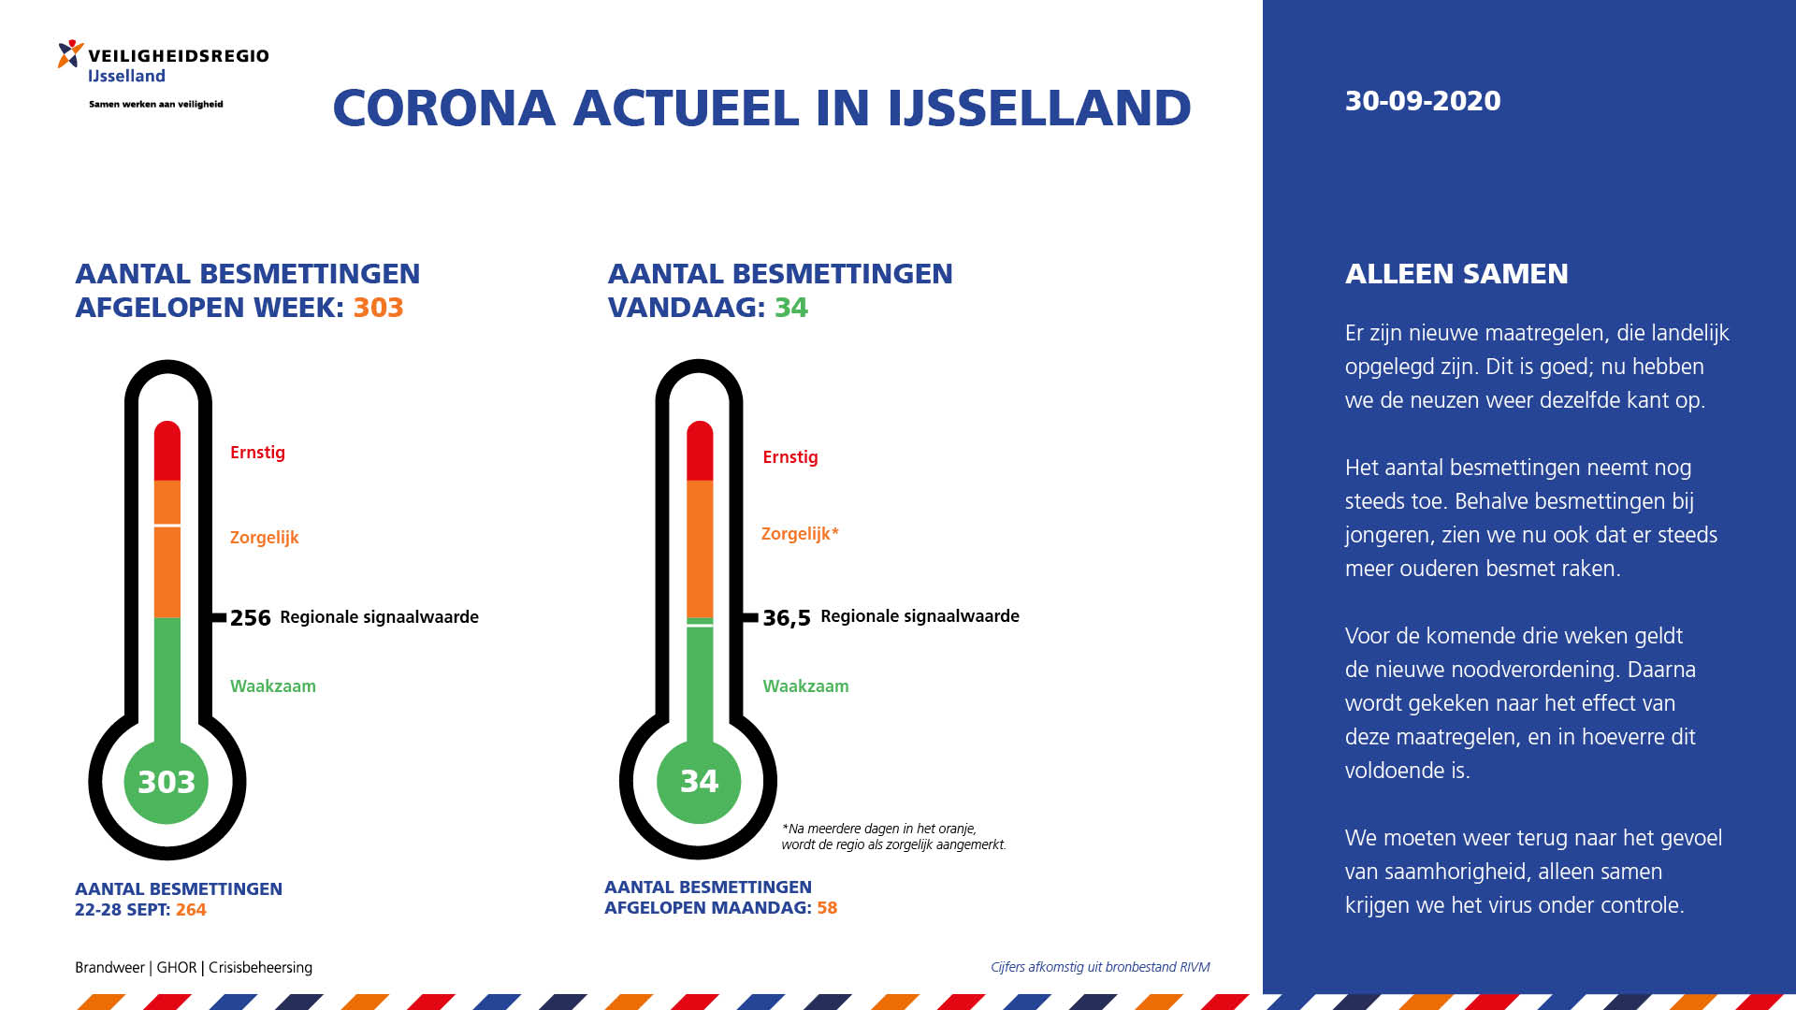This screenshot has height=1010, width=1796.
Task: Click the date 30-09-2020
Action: pyautogui.click(x=1423, y=101)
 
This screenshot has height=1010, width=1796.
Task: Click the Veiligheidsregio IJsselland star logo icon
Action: pyautogui.click(x=70, y=54)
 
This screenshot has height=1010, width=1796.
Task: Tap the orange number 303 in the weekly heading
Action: pyautogui.click(x=378, y=308)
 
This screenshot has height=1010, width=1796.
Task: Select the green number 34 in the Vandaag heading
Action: pyautogui.click(x=790, y=308)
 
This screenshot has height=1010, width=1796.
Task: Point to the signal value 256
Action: pyautogui.click(x=250, y=618)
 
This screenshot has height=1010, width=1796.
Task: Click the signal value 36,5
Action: pyautogui.click(x=787, y=618)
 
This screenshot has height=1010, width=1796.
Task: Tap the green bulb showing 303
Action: pyautogui.click(x=167, y=782)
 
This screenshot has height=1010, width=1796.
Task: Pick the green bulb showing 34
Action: pyautogui.click(x=699, y=782)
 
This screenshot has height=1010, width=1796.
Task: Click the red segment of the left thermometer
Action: pyautogui.click(x=167, y=451)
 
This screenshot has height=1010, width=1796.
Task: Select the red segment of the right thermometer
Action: pyautogui.click(x=700, y=451)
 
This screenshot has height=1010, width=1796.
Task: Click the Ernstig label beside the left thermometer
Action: pyautogui.click(x=257, y=453)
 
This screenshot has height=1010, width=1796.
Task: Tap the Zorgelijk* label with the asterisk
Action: pyautogui.click(x=800, y=534)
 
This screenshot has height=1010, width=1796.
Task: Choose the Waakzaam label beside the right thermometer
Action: pyautogui.click(x=805, y=686)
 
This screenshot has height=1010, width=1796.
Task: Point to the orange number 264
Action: pyautogui.click(x=191, y=910)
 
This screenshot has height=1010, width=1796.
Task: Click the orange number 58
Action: pyautogui.click(x=827, y=908)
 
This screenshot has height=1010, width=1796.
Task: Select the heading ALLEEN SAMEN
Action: pyautogui.click(x=1456, y=274)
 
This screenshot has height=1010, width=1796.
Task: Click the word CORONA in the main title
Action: pyautogui.click(x=444, y=108)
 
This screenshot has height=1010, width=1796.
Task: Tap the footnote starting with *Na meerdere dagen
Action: pyautogui.click(x=894, y=837)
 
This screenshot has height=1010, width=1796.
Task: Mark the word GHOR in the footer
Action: pyautogui.click(x=177, y=968)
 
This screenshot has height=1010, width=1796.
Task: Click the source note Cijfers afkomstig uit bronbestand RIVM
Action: pyautogui.click(x=1100, y=967)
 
